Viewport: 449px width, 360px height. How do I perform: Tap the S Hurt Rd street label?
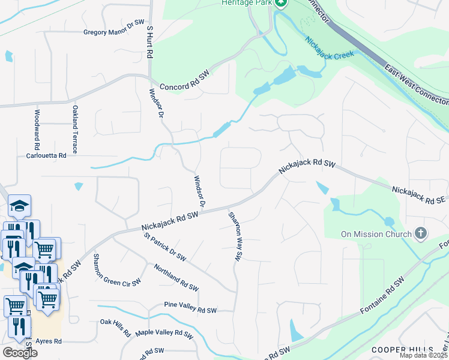150,41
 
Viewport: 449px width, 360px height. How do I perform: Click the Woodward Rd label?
37,128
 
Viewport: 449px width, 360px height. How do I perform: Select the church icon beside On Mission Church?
421,233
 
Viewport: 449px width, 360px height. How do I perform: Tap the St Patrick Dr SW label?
165,247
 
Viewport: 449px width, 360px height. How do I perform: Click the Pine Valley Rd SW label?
190,311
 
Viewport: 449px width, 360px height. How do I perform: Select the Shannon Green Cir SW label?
116,269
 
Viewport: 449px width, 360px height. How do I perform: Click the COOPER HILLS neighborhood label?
402,350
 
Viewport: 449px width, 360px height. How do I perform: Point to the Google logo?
20,353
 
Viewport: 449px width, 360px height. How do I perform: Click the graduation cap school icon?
20,206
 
